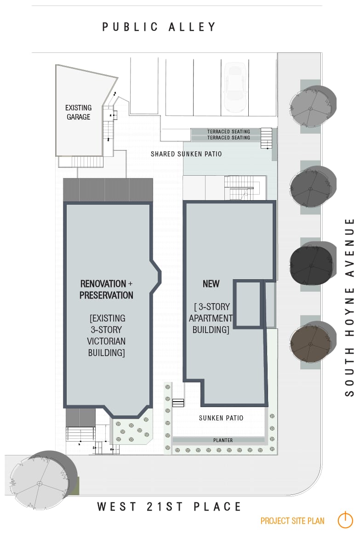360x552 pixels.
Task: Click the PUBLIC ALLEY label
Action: click(159, 27)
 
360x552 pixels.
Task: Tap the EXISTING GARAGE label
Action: click(78, 112)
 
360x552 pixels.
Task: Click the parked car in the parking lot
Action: click(234, 87)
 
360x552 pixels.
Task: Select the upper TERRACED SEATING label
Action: click(228, 132)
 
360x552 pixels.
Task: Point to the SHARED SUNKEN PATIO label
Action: click(186, 154)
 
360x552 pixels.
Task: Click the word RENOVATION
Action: click(103, 284)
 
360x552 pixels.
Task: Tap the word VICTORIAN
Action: click(106, 341)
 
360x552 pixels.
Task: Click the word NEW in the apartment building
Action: click(211, 284)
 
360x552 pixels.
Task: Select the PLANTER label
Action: click(223, 440)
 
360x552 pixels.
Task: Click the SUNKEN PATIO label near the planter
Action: click(221, 418)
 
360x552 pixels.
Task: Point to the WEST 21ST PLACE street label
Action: click(169, 506)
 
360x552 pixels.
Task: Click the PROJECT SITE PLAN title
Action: click(292, 521)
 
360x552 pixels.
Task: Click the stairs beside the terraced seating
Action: click(266, 138)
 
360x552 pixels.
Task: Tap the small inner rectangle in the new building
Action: click(248, 304)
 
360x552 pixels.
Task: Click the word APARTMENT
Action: click(211, 318)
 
